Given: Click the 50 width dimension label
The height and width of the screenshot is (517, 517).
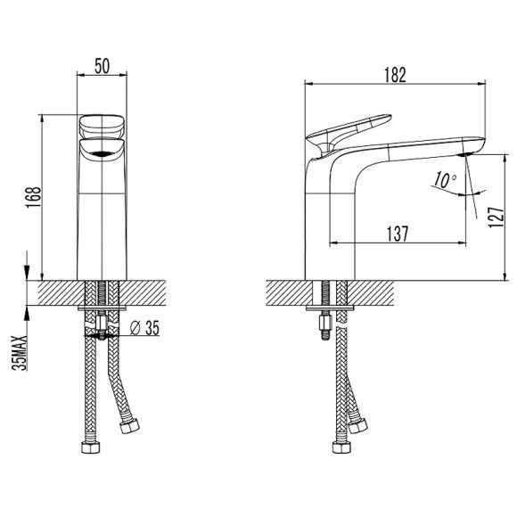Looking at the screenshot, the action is pos(102,66).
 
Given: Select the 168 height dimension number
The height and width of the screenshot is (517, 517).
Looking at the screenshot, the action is pos(34,197).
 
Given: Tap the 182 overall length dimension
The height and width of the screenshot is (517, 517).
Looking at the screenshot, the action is pos(396,75).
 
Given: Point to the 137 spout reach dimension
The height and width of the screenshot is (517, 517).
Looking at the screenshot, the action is pos(398,234).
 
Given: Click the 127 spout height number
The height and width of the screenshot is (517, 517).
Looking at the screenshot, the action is pos(496,217).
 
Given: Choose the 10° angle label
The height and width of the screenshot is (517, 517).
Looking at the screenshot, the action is pos(445,180).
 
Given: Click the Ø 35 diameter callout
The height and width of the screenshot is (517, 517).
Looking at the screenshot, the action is pos(144,328).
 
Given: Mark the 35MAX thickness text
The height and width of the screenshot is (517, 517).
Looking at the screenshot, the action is pos(20,353).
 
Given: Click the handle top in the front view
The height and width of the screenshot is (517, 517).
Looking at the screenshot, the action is pos(102,127).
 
